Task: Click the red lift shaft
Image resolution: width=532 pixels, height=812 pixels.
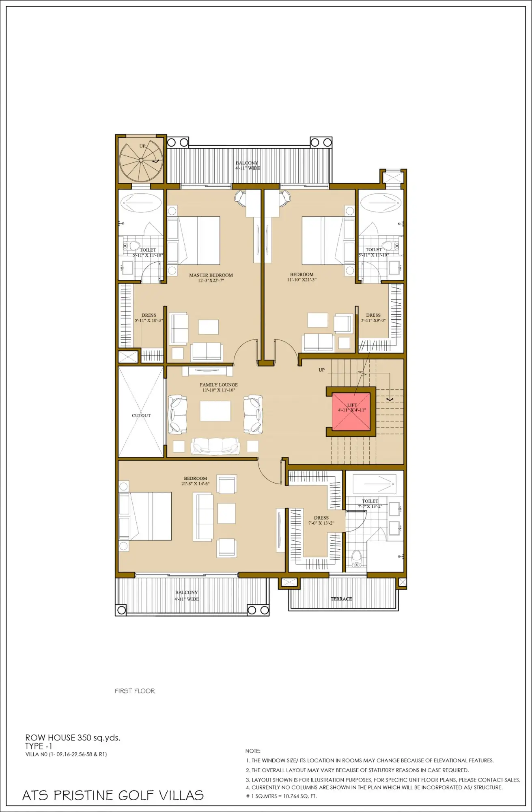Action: click(351, 412)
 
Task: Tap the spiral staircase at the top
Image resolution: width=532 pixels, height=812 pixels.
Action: click(141, 161)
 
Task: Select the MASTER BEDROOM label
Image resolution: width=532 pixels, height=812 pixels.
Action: click(211, 275)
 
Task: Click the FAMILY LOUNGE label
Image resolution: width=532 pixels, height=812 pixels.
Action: click(219, 384)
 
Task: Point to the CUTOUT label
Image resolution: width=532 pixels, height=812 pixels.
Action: click(141, 415)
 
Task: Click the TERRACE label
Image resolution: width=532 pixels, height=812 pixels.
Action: click(341, 599)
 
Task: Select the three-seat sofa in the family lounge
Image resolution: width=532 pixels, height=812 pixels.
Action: click(215, 446)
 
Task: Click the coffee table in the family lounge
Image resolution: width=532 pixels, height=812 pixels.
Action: click(215, 411)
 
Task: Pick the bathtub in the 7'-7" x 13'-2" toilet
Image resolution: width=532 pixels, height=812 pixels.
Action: click(374, 484)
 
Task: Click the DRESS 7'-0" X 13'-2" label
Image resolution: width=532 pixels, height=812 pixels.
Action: click(321, 520)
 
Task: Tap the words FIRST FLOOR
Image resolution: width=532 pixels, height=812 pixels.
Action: click(135, 691)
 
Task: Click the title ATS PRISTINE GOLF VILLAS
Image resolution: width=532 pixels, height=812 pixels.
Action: click(113, 795)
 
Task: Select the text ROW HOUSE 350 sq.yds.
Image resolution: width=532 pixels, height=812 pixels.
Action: click(73, 738)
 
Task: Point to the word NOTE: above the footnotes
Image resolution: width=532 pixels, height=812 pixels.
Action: click(253, 751)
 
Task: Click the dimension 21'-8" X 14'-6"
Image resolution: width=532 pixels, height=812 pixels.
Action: click(195, 484)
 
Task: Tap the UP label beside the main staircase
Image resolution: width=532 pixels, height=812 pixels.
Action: click(321, 370)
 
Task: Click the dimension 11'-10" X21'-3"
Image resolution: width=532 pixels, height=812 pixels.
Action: click(302, 280)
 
